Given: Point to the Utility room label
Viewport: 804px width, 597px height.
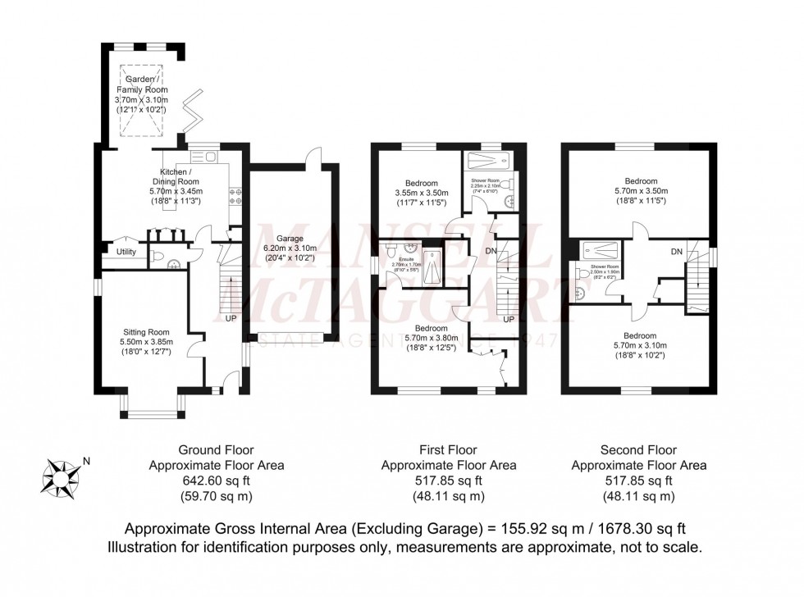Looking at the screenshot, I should click(126, 252).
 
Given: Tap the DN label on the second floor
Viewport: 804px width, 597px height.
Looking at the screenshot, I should click(677, 251).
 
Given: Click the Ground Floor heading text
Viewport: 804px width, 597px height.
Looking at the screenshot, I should click(217, 450).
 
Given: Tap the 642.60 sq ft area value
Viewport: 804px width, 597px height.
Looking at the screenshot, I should click(217, 481).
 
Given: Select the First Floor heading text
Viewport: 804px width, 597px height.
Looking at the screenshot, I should click(448, 450).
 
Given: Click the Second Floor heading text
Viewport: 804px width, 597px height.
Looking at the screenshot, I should click(637, 450).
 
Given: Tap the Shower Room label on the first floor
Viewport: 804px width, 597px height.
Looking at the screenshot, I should click(484, 180).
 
